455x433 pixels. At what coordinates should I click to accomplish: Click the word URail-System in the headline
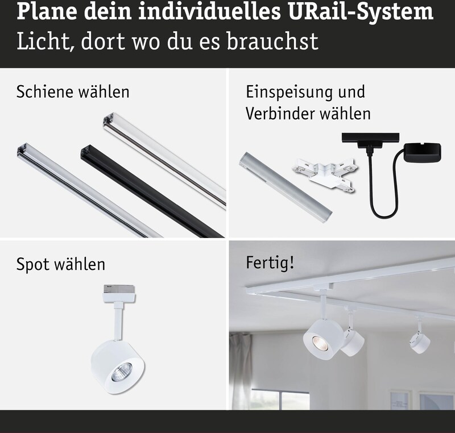tap(361, 13)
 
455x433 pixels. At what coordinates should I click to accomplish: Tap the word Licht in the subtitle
tap(44, 41)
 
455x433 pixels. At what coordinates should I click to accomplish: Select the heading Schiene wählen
tap(73, 92)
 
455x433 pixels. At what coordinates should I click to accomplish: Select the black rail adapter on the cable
tap(370, 141)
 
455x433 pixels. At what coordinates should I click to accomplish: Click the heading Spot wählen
tap(61, 264)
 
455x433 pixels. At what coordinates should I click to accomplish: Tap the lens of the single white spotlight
tap(121, 372)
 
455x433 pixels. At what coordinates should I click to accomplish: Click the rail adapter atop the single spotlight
tap(119, 293)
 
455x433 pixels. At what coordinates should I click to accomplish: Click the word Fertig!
tap(270, 263)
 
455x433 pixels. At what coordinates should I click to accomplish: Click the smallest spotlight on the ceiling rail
tap(420, 339)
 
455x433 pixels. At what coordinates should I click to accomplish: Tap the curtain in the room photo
tap(241, 372)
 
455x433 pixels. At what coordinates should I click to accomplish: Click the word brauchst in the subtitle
tap(272, 41)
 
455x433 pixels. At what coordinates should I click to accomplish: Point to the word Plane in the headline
tap(47, 11)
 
